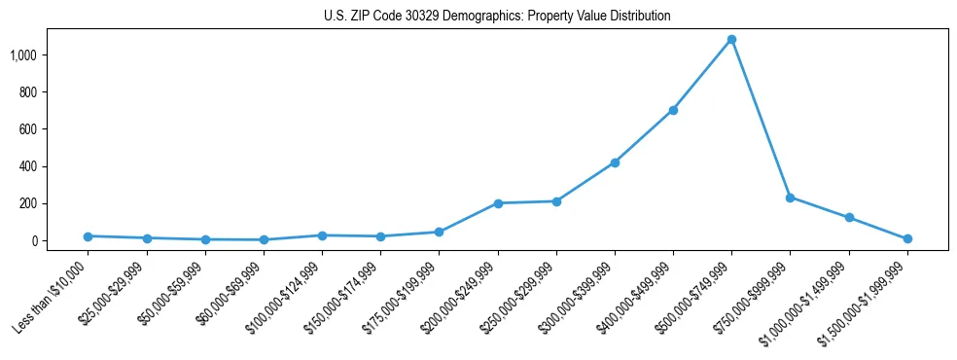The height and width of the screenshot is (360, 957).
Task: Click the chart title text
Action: click(x=497, y=17)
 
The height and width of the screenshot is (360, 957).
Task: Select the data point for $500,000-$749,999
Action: click(x=731, y=40)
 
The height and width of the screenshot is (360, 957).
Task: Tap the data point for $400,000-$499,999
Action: click(x=673, y=110)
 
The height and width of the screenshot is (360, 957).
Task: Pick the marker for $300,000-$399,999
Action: click(x=615, y=162)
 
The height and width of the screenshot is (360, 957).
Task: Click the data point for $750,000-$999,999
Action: click(x=790, y=198)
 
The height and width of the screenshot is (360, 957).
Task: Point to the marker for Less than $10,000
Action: click(x=88, y=236)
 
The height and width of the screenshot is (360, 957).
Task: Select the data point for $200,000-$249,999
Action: click(x=498, y=203)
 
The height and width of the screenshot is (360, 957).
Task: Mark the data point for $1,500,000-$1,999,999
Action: click(x=907, y=238)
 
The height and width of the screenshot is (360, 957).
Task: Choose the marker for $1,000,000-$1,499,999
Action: click(x=849, y=218)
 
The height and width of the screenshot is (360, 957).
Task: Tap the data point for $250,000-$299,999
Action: click(x=556, y=201)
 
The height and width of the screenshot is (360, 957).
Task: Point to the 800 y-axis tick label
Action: click(x=53, y=92)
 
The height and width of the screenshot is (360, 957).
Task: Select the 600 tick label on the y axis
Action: click(x=53, y=129)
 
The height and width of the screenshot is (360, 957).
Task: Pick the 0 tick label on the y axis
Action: click(x=59, y=241)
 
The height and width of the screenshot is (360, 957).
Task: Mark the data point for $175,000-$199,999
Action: click(x=439, y=232)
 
